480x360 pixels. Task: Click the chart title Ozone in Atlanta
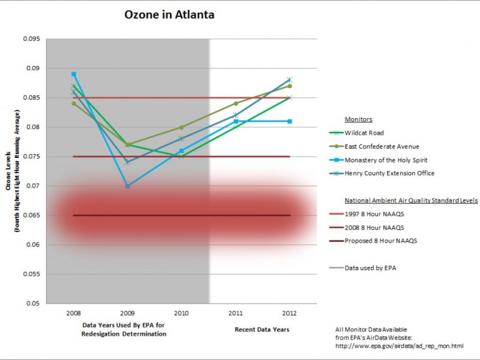pyautogui.click(x=169, y=14)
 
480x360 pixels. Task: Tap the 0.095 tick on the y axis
pyautogui.click(x=31, y=39)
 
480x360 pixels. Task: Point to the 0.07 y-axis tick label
pyautogui.click(x=32, y=186)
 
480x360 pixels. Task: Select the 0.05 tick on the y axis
pyautogui.click(x=32, y=304)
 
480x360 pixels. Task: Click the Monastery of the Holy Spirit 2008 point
pyautogui.click(x=74, y=74)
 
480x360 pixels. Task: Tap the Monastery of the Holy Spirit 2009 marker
pyautogui.click(x=127, y=186)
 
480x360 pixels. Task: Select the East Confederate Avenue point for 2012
pyautogui.click(x=289, y=86)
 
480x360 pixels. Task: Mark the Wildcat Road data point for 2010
pyautogui.click(x=182, y=157)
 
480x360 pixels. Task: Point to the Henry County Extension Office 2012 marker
pyautogui.click(x=289, y=80)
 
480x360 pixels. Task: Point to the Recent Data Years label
pyautogui.click(x=262, y=329)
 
